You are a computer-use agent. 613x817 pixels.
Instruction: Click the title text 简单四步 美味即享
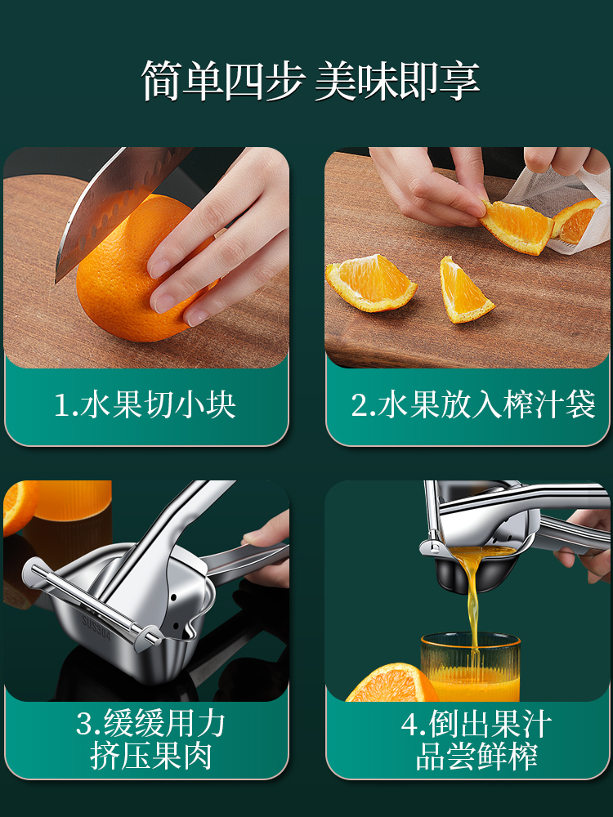click(x=311, y=81)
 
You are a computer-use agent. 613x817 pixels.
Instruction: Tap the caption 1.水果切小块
click(x=145, y=405)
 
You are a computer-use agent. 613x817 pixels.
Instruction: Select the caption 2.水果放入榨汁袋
click(x=472, y=405)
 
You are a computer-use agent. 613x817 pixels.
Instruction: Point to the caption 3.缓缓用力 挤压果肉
click(x=150, y=739)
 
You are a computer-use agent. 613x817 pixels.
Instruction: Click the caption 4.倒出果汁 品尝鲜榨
click(x=477, y=739)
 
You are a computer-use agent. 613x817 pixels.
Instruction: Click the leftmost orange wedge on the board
click(x=370, y=283)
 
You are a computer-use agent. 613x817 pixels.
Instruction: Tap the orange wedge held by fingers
click(x=516, y=226)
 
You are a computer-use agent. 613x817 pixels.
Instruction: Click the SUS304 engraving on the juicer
click(x=96, y=627)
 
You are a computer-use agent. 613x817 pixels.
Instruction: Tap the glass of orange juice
click(x=470, y=667)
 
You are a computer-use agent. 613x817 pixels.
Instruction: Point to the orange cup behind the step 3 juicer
click(x=73, y=500)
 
